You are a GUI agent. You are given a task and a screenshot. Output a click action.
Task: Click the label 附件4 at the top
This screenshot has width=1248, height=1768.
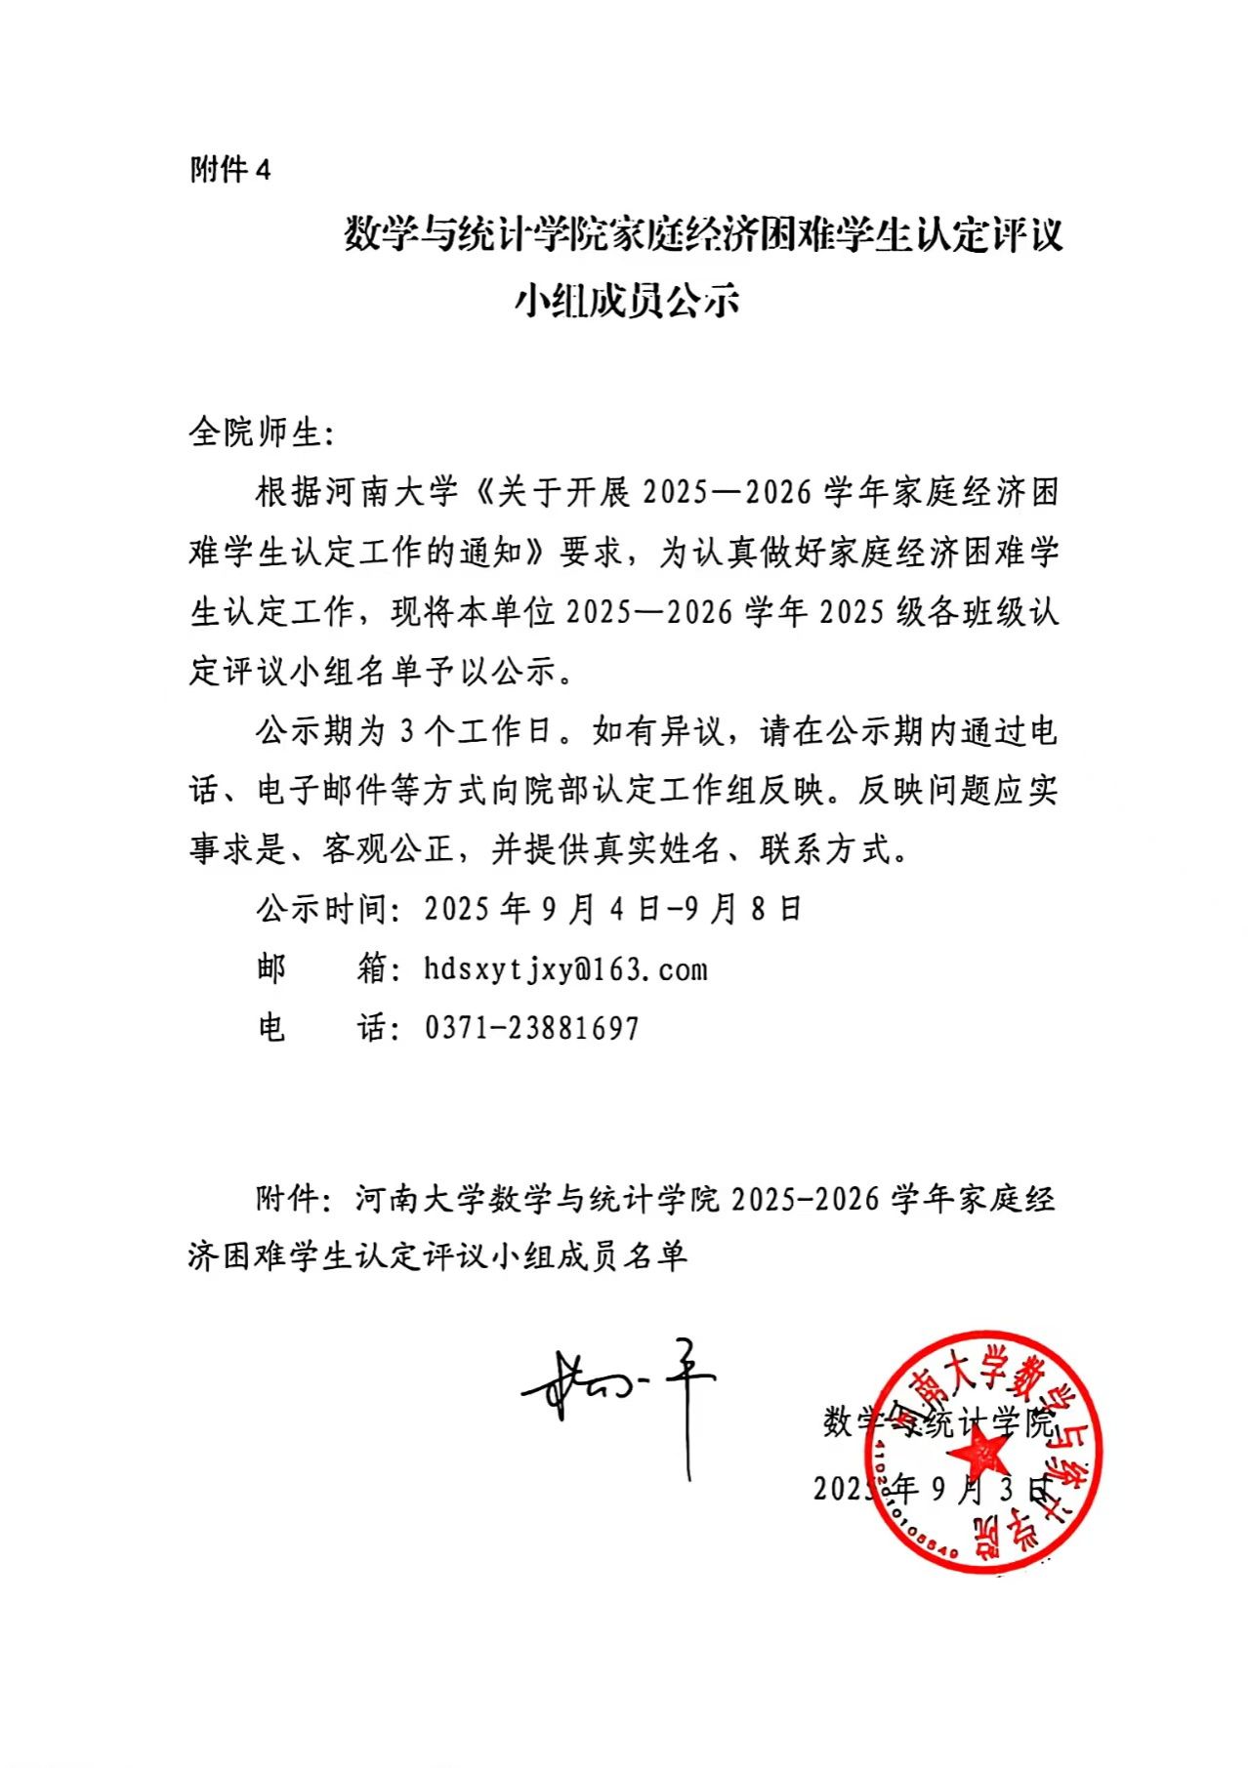pyautogui.click(x=229, y=170)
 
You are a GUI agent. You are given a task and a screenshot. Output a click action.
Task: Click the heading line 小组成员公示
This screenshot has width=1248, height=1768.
pyautogui.click(x=626, y=300)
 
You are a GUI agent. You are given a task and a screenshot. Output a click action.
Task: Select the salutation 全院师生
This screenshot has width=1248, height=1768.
pyautogui.click(x=255, y=432)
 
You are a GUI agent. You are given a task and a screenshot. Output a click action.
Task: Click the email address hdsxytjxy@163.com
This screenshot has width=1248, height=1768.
pyautogui.click(x=565, y=969)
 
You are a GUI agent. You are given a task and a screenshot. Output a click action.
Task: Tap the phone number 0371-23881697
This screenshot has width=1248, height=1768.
pyautogui.click(x=531, y=1028)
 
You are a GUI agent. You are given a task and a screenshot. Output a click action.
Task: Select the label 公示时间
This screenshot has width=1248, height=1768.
pyautogui.click(x=321, y=909)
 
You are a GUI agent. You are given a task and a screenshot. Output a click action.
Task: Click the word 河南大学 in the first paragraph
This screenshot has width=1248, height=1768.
pyautogui.click(x=391, y=492)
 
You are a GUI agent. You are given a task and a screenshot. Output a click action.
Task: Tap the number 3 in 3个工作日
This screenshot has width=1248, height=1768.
pyautogui.click(x=408, y=730)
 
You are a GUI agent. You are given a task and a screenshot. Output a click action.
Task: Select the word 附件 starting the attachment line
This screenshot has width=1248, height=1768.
pyautogui.click(x=289, y=1198)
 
